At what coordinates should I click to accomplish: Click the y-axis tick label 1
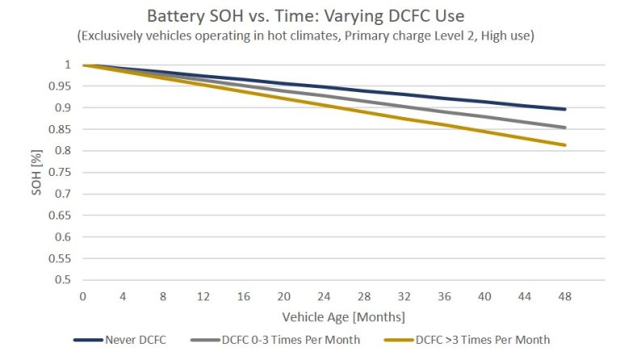70,65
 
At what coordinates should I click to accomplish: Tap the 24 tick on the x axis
324,296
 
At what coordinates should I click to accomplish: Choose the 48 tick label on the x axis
565,296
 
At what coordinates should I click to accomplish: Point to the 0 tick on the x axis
82,296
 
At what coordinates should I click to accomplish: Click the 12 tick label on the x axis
203,296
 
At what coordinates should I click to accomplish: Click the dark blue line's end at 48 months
565,109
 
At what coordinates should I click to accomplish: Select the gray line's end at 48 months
565,128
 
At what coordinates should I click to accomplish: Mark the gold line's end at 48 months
565,145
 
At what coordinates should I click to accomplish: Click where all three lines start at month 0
83,65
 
